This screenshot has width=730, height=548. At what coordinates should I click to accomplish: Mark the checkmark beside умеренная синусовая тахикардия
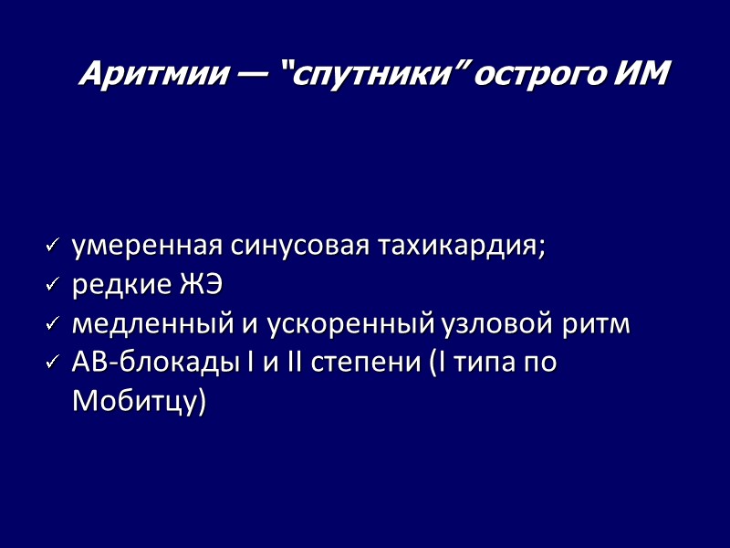click(x=52, y=247)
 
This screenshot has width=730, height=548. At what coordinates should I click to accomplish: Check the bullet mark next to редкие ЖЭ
click(x=52, y=286)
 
